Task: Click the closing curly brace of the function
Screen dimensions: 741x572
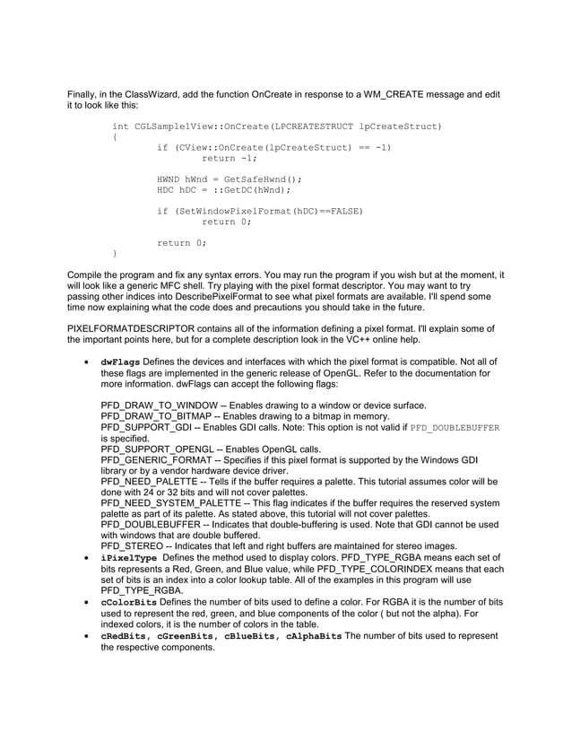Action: click(x=115, y=254)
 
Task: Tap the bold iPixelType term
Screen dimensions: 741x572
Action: click(x=126, y=558)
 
